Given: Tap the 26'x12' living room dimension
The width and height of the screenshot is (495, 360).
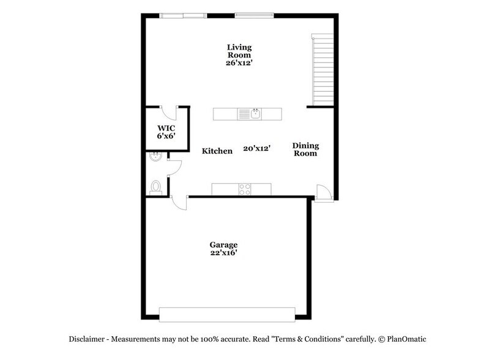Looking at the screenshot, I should [239, 62].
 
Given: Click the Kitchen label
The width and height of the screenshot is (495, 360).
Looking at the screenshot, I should [217, 151].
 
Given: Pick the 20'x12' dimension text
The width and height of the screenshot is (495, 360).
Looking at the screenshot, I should [257, 148].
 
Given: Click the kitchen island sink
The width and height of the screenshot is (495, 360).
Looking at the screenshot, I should [255, 113].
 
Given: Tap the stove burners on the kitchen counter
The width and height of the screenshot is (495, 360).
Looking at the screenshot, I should [245, 189].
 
